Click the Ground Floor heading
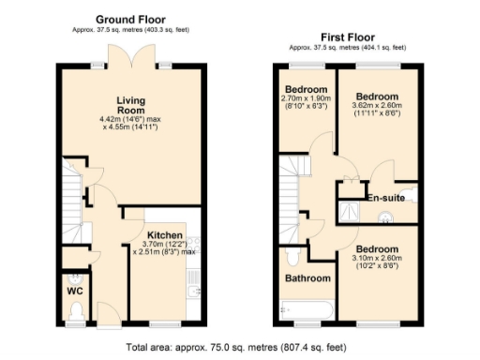pos(131,18)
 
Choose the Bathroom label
pos(308,278)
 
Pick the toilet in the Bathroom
pos(292,253)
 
